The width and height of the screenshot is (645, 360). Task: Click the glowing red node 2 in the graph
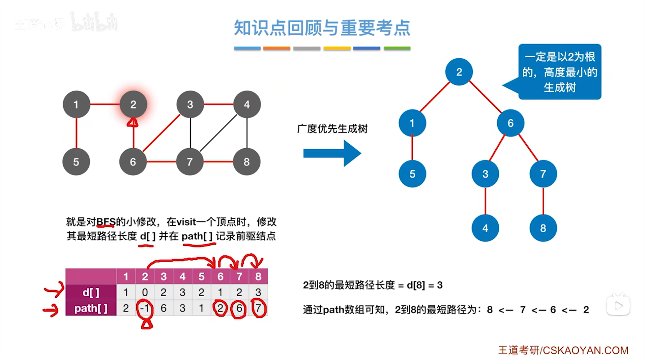pos(133,104)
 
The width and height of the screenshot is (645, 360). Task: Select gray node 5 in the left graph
pos(76,162)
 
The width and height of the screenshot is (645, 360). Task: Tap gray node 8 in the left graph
pos(246,162)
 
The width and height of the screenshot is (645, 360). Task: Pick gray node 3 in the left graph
pos(190,104)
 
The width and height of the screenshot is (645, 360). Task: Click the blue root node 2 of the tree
pos(459,72)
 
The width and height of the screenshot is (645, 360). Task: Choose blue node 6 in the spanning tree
pos(510,123)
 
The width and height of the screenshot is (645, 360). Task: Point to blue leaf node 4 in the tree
pos(485,228)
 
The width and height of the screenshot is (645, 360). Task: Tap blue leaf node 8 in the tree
pos(543,228)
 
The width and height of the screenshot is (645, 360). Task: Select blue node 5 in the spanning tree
pos(412,174)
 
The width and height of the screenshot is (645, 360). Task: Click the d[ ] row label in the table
pos(91,292)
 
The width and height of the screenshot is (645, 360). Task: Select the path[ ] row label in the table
pos(91,308)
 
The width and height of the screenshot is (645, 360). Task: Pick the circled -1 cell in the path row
pos(145,308)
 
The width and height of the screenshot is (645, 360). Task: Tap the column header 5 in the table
pos(201,276)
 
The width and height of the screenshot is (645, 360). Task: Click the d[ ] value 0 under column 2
pos(145,292)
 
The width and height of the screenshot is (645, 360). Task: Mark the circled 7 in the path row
pos(258,308)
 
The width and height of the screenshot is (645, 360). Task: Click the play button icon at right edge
pos(618,306)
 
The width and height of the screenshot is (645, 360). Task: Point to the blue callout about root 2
pos(560,72)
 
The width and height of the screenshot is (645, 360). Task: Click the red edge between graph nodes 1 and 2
pos(105,104)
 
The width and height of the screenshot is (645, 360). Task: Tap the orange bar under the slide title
pos(276,49)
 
